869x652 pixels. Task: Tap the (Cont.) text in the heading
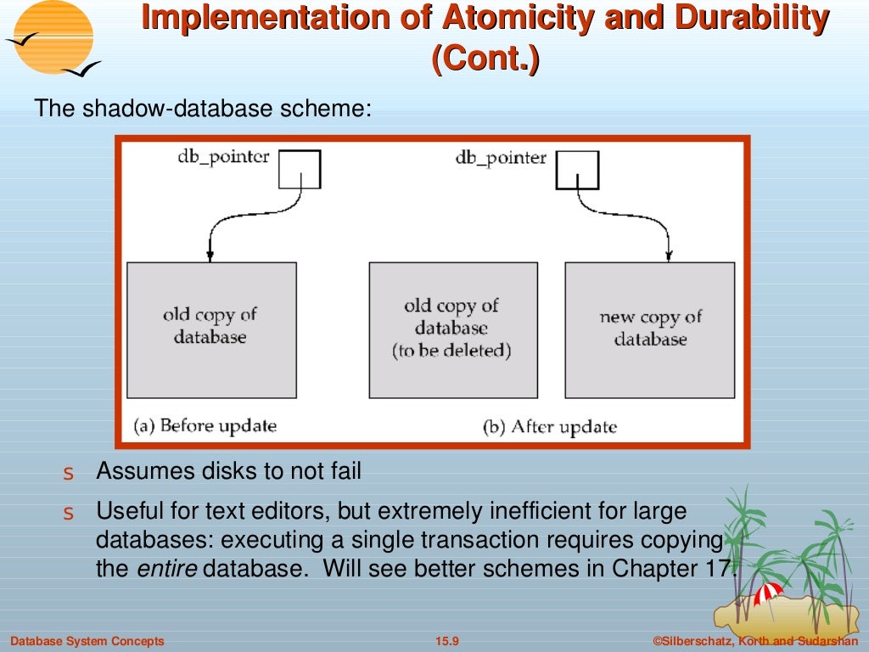pos(485,61)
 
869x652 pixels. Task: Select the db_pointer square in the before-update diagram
pos(300,169)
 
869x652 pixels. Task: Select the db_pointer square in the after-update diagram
pos(577,169)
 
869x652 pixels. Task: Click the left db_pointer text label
pos(223,157)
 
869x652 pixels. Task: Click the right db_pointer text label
pos(501,157)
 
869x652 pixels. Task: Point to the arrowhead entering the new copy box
pos(670,255)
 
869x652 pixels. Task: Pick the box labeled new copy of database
pos(650,330)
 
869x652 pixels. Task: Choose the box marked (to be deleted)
pos(452,330)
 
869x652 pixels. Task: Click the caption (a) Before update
pos(205,424)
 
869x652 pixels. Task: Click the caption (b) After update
pos(549,426)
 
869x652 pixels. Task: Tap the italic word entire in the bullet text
pos(166,569)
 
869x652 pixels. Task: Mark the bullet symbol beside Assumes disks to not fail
pos(70,473)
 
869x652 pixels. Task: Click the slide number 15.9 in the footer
pos(446,641)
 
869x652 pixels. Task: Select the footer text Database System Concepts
pos(87,641)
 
